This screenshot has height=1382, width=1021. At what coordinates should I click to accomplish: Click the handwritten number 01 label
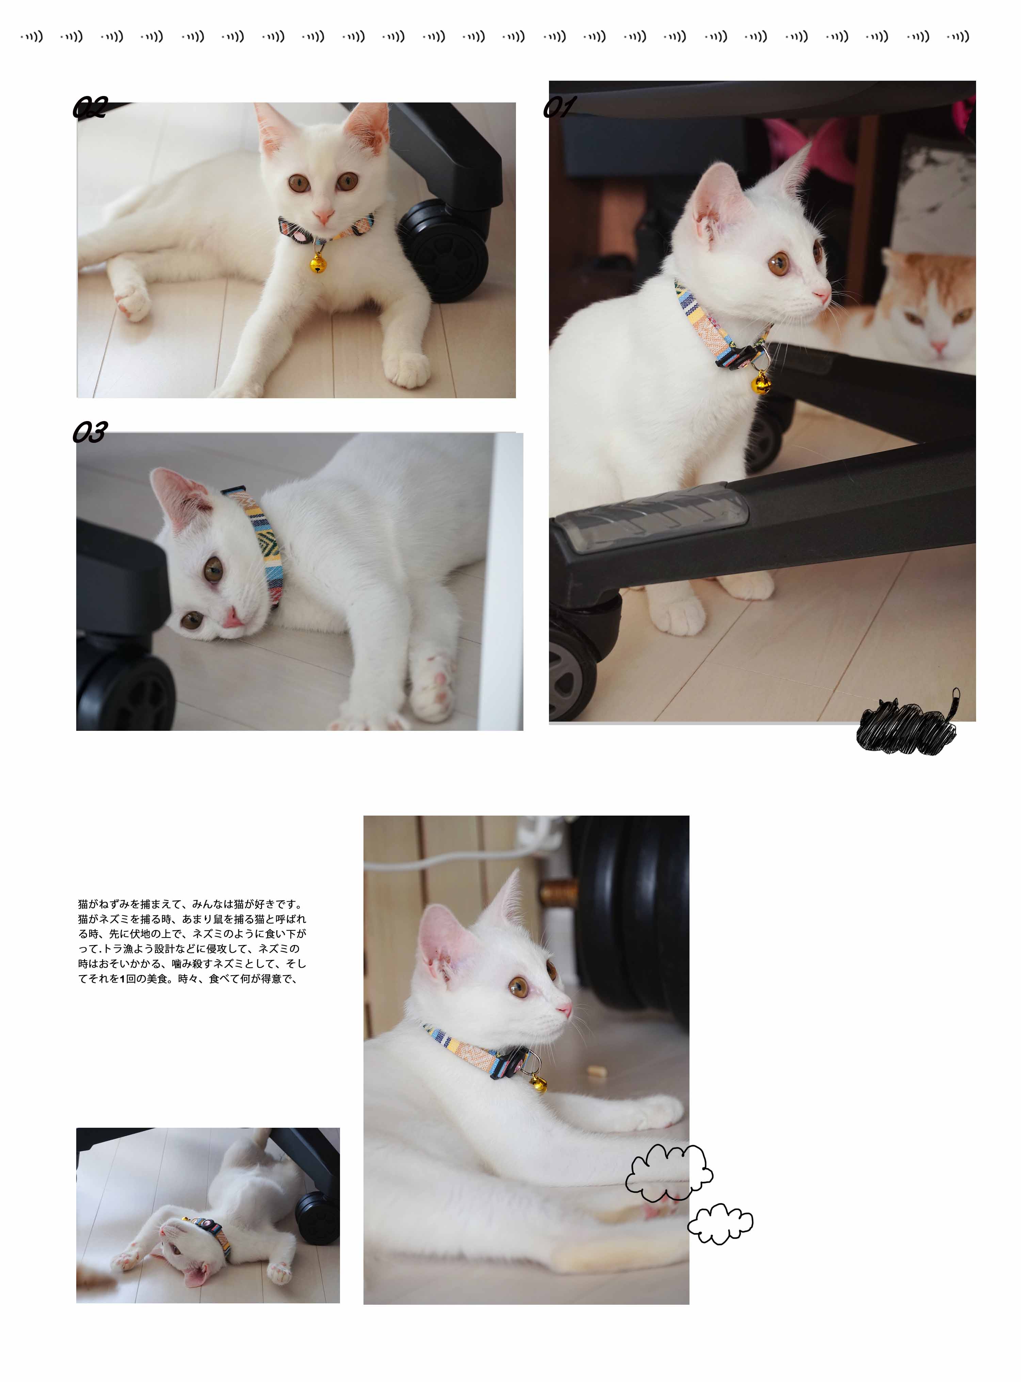[x=559, y=107]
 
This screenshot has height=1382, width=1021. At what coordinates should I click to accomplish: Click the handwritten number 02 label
[x=90, y=107]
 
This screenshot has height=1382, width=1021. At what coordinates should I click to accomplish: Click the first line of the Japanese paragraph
[x=190, y=904]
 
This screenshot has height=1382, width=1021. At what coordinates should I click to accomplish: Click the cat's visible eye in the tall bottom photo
[x=519, y=987]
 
